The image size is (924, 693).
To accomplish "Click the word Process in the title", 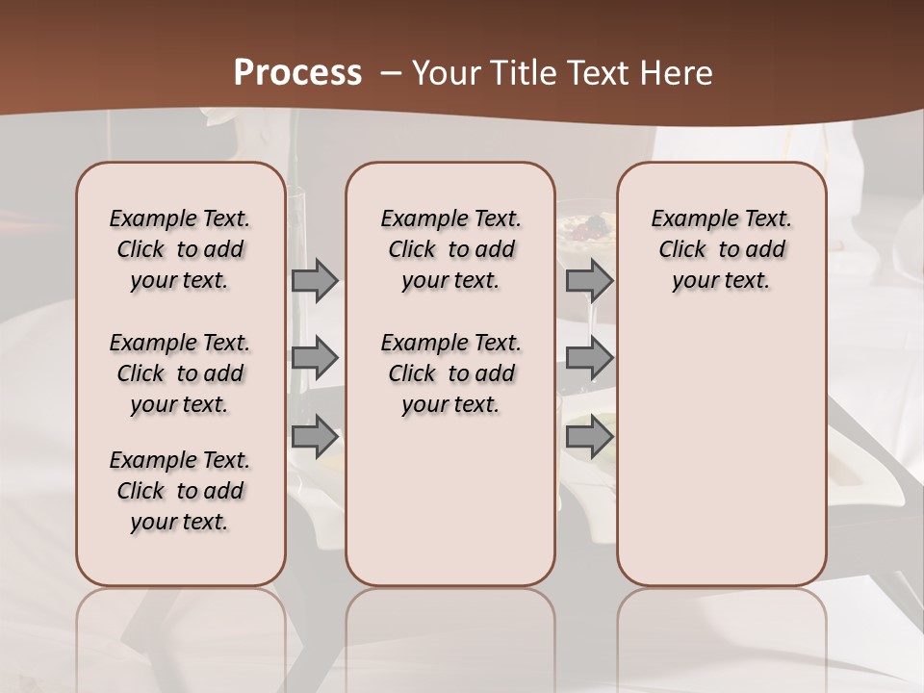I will click(x=297, y=73).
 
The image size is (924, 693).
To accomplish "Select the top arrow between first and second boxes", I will click(x=315, y=281).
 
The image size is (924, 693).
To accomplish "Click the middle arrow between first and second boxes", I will click(x=315, y=358).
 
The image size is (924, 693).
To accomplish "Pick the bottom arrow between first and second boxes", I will click(x=315, y=437).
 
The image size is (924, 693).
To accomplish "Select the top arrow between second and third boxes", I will click(x=589, y=281).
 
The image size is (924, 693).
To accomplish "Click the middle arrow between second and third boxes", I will click(x=589, y=358).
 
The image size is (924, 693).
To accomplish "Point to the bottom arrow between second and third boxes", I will click(x=589, y=437).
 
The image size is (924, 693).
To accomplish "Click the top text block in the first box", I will click(x=180, y=249).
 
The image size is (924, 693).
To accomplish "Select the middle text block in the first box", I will click(x=180, y=373).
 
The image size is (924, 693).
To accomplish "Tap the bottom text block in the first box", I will click(x=180, y=491).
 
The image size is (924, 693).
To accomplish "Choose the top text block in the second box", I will click(x=450, y=249).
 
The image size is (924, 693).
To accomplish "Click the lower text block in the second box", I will click(x=450, y=373).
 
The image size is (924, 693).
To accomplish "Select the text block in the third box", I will click(x=721, y=249).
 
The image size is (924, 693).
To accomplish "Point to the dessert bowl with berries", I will click(x=585, y=229).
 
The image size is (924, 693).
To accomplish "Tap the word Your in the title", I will click(x=444, y=73).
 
